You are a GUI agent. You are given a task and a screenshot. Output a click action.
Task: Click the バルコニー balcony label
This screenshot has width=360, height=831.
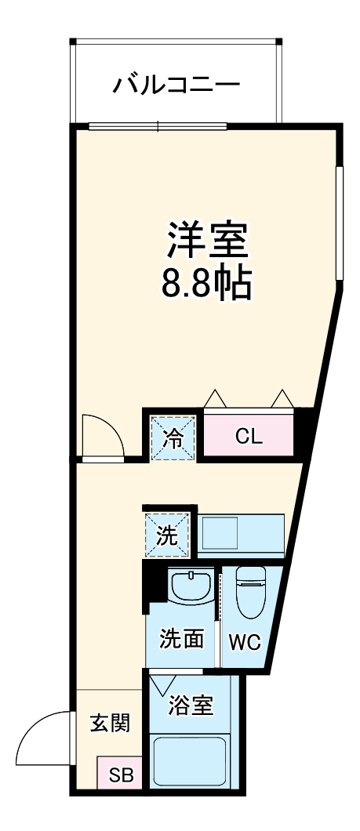point(176,83)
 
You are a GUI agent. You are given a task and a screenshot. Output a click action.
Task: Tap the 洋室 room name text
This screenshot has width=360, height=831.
point(207,241)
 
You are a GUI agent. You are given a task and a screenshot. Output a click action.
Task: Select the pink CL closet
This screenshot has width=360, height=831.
point(249,436)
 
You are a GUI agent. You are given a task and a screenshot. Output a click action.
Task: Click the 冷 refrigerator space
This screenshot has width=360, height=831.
point(172,437)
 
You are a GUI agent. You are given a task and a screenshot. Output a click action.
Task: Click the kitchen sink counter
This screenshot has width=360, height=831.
point(240,535)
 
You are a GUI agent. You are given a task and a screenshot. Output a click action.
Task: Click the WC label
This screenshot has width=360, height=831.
point(244,642)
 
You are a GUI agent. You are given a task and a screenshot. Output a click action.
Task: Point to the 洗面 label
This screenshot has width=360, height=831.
point(183,640)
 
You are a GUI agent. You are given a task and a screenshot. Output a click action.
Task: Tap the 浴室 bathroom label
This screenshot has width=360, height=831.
point(191,705)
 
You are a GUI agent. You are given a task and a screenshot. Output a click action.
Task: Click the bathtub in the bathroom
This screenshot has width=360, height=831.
point(190,760)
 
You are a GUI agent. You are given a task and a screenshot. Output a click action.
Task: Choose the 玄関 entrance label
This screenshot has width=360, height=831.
point(108,723)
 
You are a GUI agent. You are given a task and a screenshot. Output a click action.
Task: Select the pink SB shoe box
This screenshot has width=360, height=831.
point(120,776)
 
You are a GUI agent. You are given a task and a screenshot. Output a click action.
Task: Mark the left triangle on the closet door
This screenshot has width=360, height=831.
point(214,398)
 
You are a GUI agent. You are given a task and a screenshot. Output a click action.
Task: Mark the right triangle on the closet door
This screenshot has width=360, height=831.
point(282,398)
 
